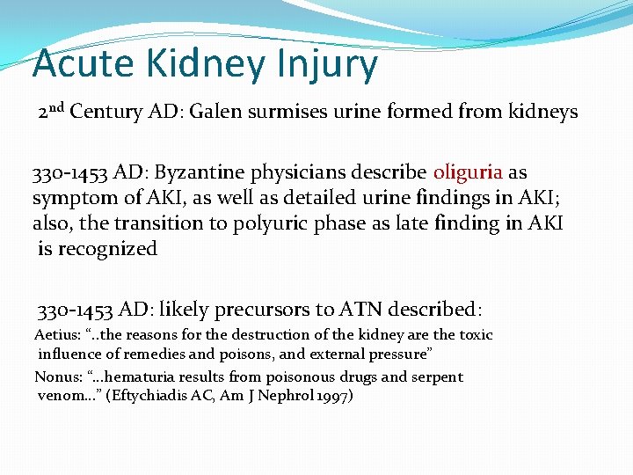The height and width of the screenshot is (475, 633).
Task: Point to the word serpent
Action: pyautogui.click(x=435, y=376)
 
